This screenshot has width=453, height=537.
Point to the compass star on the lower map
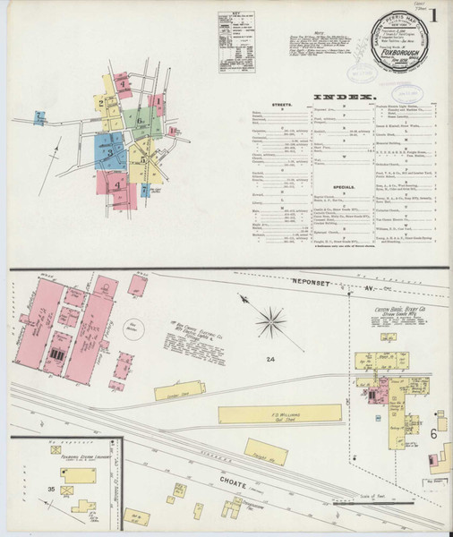pos(271,320)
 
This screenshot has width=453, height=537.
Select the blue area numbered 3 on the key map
pos(111,151)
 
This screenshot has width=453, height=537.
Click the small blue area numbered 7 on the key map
pos(40,115)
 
